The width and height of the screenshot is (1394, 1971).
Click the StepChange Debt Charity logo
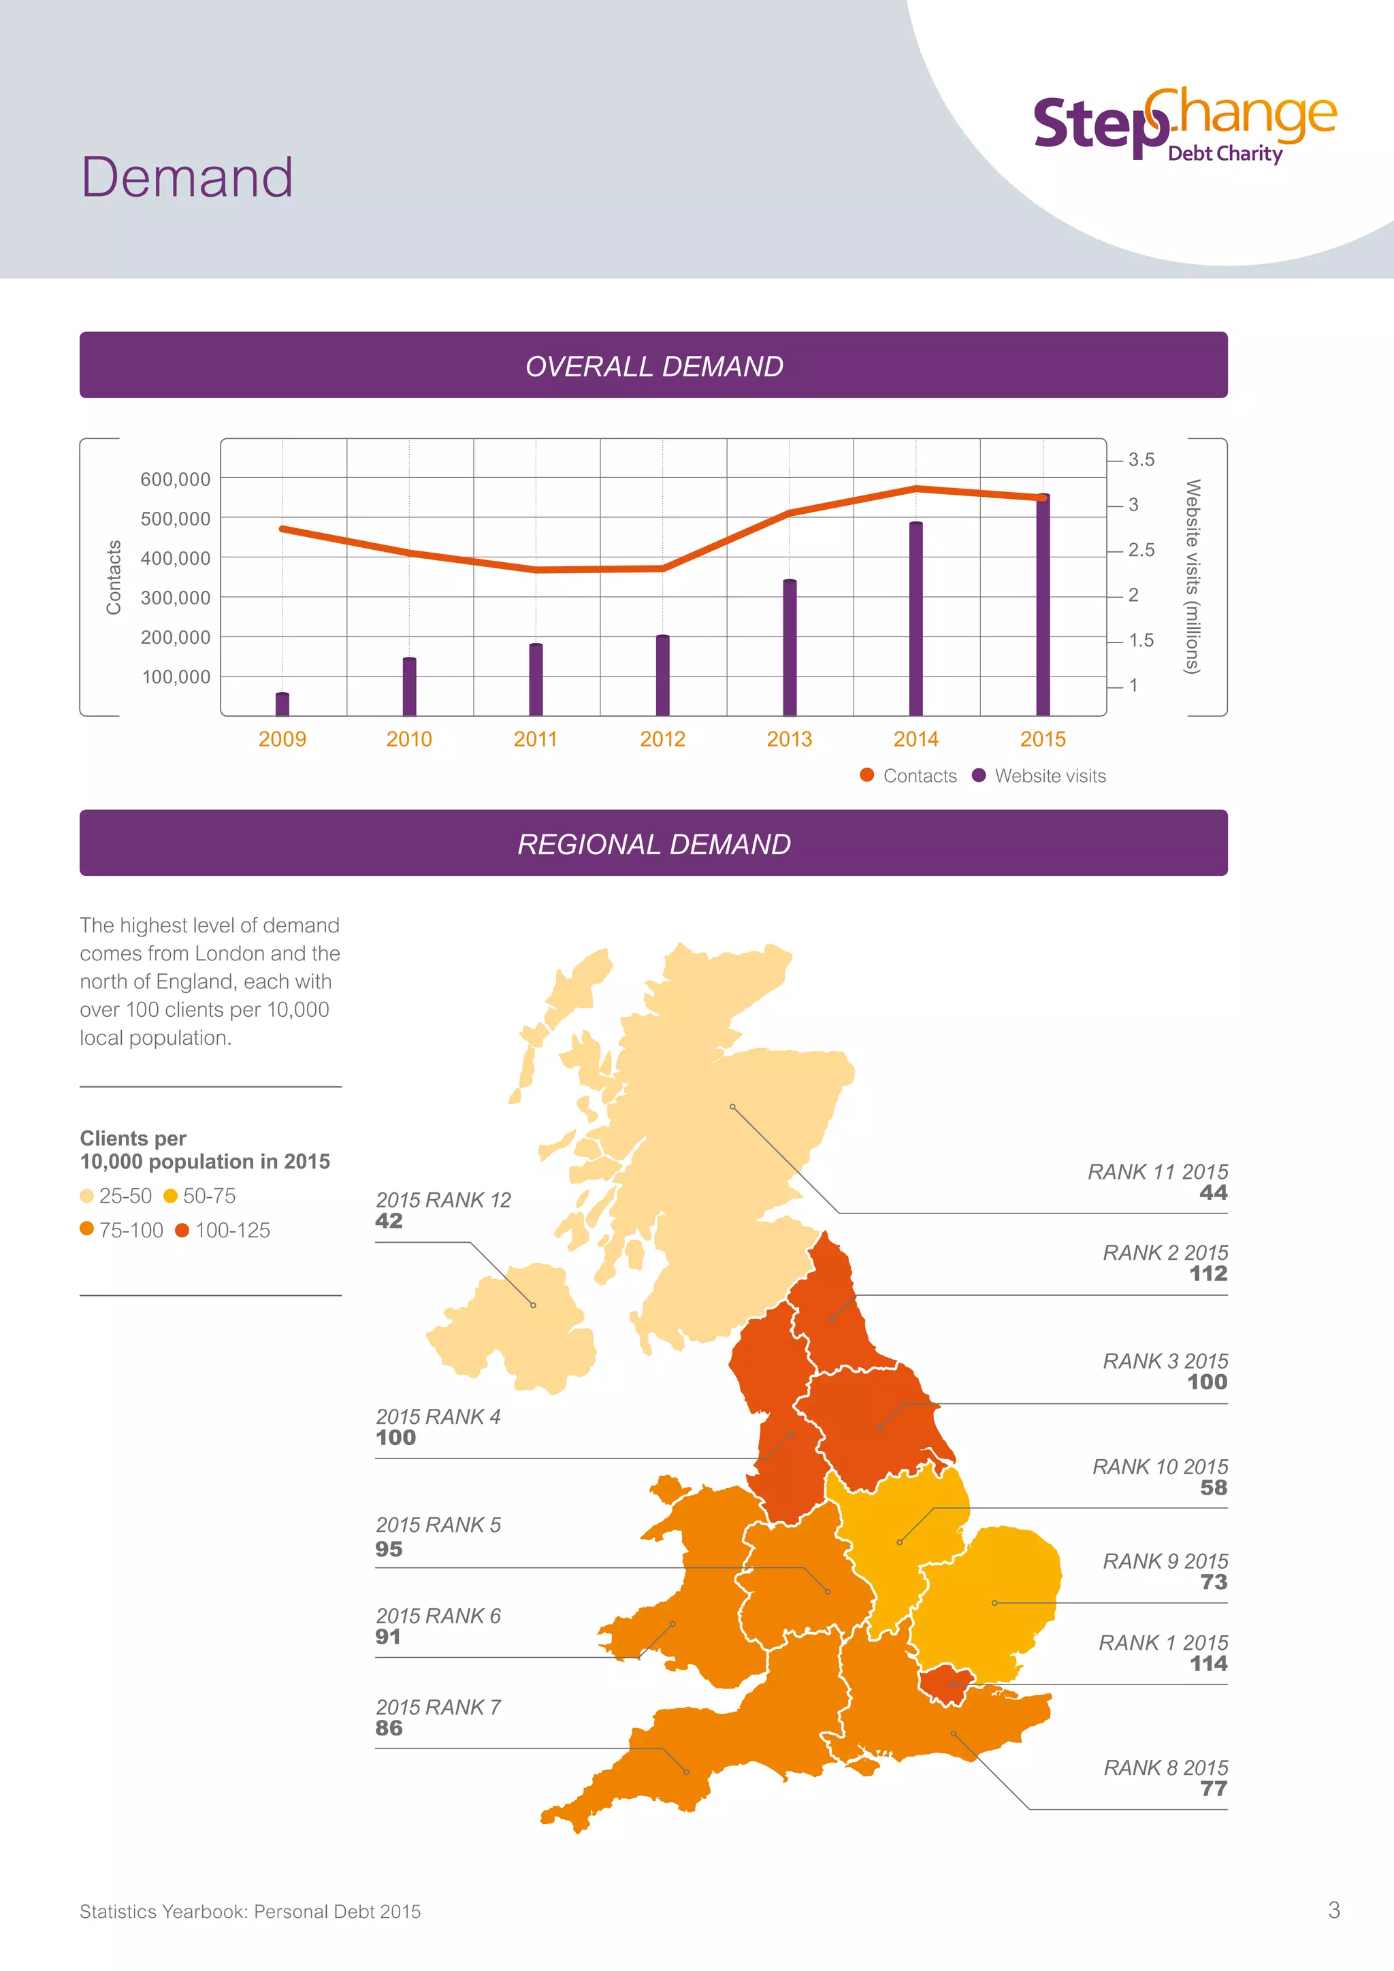(x=1184, y=125)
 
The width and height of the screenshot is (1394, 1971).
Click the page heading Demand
(x=187, y=178)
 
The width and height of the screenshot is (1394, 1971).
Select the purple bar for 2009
(x=282, y=704)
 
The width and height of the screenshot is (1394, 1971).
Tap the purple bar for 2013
(x=790, y=648)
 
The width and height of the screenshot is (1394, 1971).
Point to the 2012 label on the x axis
(x=663, y=739)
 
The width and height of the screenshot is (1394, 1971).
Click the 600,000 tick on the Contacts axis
(x=175, y=479)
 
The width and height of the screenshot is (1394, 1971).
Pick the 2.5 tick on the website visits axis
(x=1141, y=551)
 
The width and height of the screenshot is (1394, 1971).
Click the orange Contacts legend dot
(x=867, y=775)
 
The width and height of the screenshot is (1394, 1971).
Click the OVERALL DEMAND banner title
(x=654, y=367)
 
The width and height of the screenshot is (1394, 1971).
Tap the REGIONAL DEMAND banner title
(x=654, y=845)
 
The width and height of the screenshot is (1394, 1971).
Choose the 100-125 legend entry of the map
(x=223, y=1230)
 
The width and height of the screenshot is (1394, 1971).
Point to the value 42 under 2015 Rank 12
(x=389, y=1221)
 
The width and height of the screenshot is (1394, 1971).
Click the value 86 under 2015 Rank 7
(x=389, y=1728)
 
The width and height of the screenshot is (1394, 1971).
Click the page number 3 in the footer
(x=1333, y=1910)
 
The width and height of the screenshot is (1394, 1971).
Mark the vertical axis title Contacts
(x=113, y=577)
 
